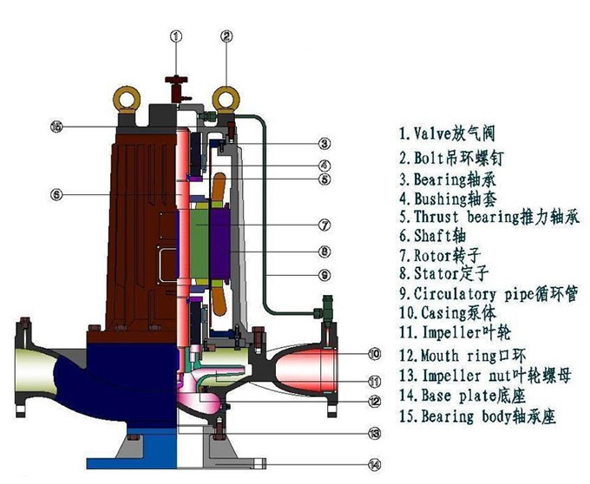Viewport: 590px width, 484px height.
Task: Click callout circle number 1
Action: pos(176,36)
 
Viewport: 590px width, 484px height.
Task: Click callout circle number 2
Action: pos(227,36)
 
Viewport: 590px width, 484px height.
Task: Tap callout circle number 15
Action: pos(56,127)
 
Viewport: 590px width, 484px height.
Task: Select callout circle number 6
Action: pos(56,195)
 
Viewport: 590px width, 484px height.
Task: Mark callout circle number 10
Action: pos(373,353)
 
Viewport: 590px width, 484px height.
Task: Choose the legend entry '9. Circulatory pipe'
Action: pos(487,295)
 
